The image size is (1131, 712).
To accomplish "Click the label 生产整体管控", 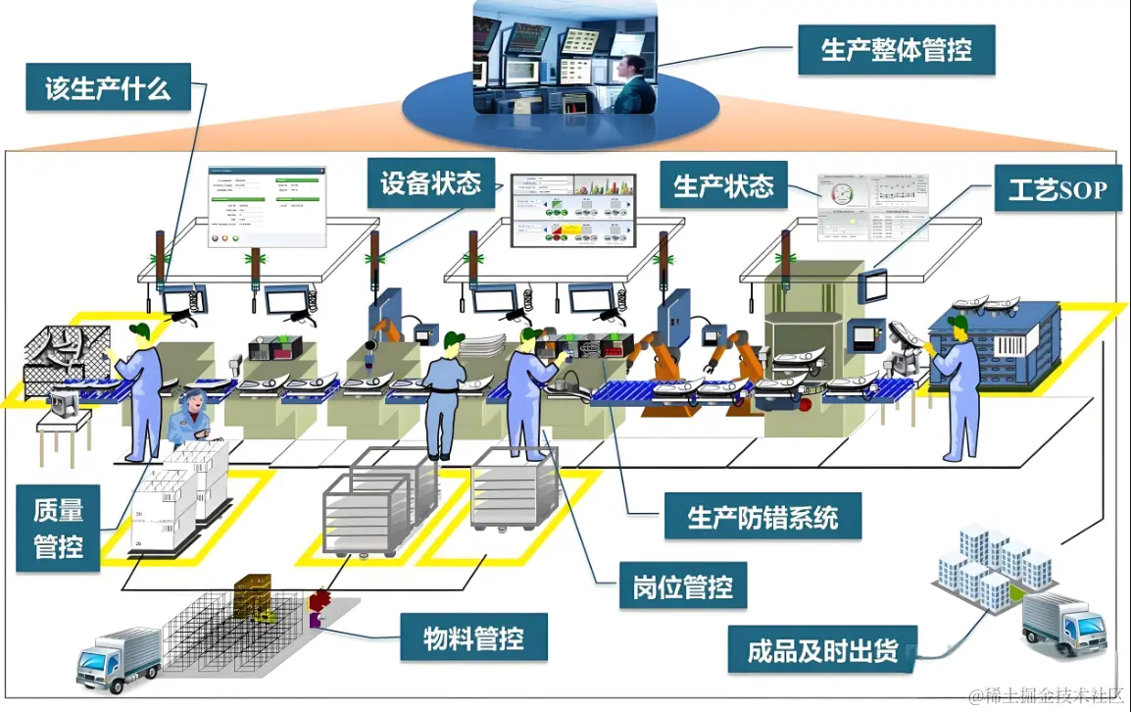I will pyautogui.click(x=895, y=49).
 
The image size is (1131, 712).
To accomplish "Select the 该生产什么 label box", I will pyautogui.click(x=108, y=89).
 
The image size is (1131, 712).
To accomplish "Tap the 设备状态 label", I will pyautogui.click(x=431, y=182).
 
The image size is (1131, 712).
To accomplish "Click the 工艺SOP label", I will pyautogui.click(x=1056, y=190).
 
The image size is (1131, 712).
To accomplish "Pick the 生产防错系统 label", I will pyautogui.click(x=762, y=516).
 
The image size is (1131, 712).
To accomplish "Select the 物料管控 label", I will pyautogui.click(x=472, y=639).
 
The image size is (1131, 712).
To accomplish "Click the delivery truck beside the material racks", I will pyautogui.click(x=118, y=659).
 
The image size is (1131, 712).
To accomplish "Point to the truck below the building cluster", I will pyautogui.click(x=1063, y=624).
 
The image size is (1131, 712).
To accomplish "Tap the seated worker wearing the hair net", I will pyautogui.click(x=189, y=418).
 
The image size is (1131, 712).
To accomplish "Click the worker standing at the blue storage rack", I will pyautogui.click(x=958, y=387).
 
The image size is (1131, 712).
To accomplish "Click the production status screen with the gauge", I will pyautogui.click(x=872, y=207).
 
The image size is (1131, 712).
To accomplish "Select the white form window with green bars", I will pyautogui.click(x=266, y=205).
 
